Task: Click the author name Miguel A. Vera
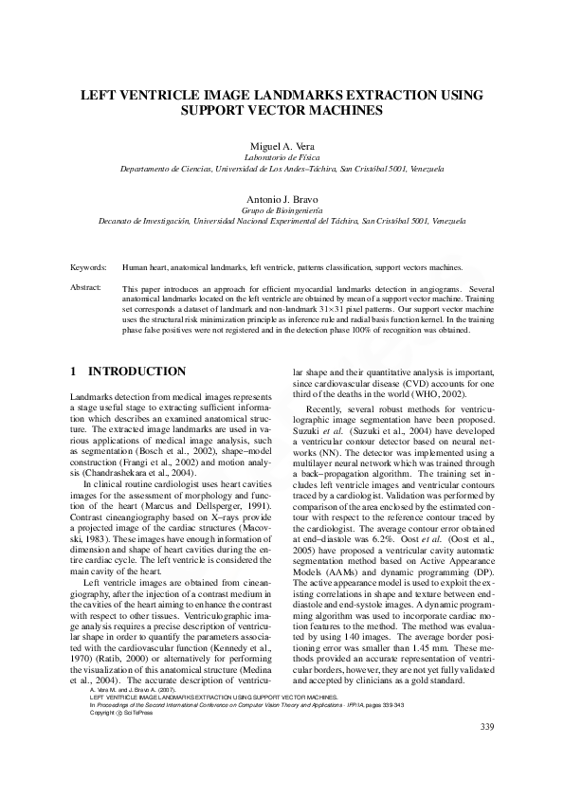(x=282, y=146)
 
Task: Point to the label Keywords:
(x=88, y=269)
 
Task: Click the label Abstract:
(x=86, y=286)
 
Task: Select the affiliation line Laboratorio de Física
(x=282, y=157)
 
